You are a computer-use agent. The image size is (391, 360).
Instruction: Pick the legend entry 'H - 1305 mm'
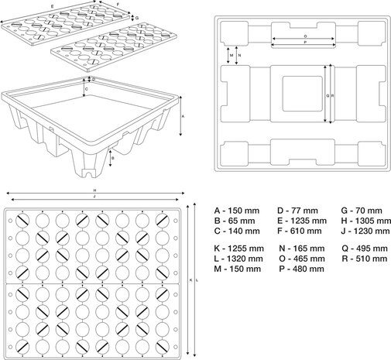(x=362, y=221)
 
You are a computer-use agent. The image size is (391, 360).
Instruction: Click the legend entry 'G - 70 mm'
(x=359, y=211)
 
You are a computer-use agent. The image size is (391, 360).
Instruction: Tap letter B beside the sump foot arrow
(x=113, y=158)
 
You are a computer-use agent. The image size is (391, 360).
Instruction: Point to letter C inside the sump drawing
(x=85, y=90)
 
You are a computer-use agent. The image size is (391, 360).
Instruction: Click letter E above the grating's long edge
(x=53, y=5)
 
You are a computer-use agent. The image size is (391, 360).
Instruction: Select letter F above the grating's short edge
(x=118, y=5)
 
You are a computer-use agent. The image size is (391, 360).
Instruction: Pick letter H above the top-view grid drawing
(x=94, y=190)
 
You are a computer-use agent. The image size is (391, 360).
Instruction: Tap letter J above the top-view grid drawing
(x=94, y=197)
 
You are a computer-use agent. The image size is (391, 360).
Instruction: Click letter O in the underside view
(x=304, y=36)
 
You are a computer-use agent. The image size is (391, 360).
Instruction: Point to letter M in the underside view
(x=231, y=56)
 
